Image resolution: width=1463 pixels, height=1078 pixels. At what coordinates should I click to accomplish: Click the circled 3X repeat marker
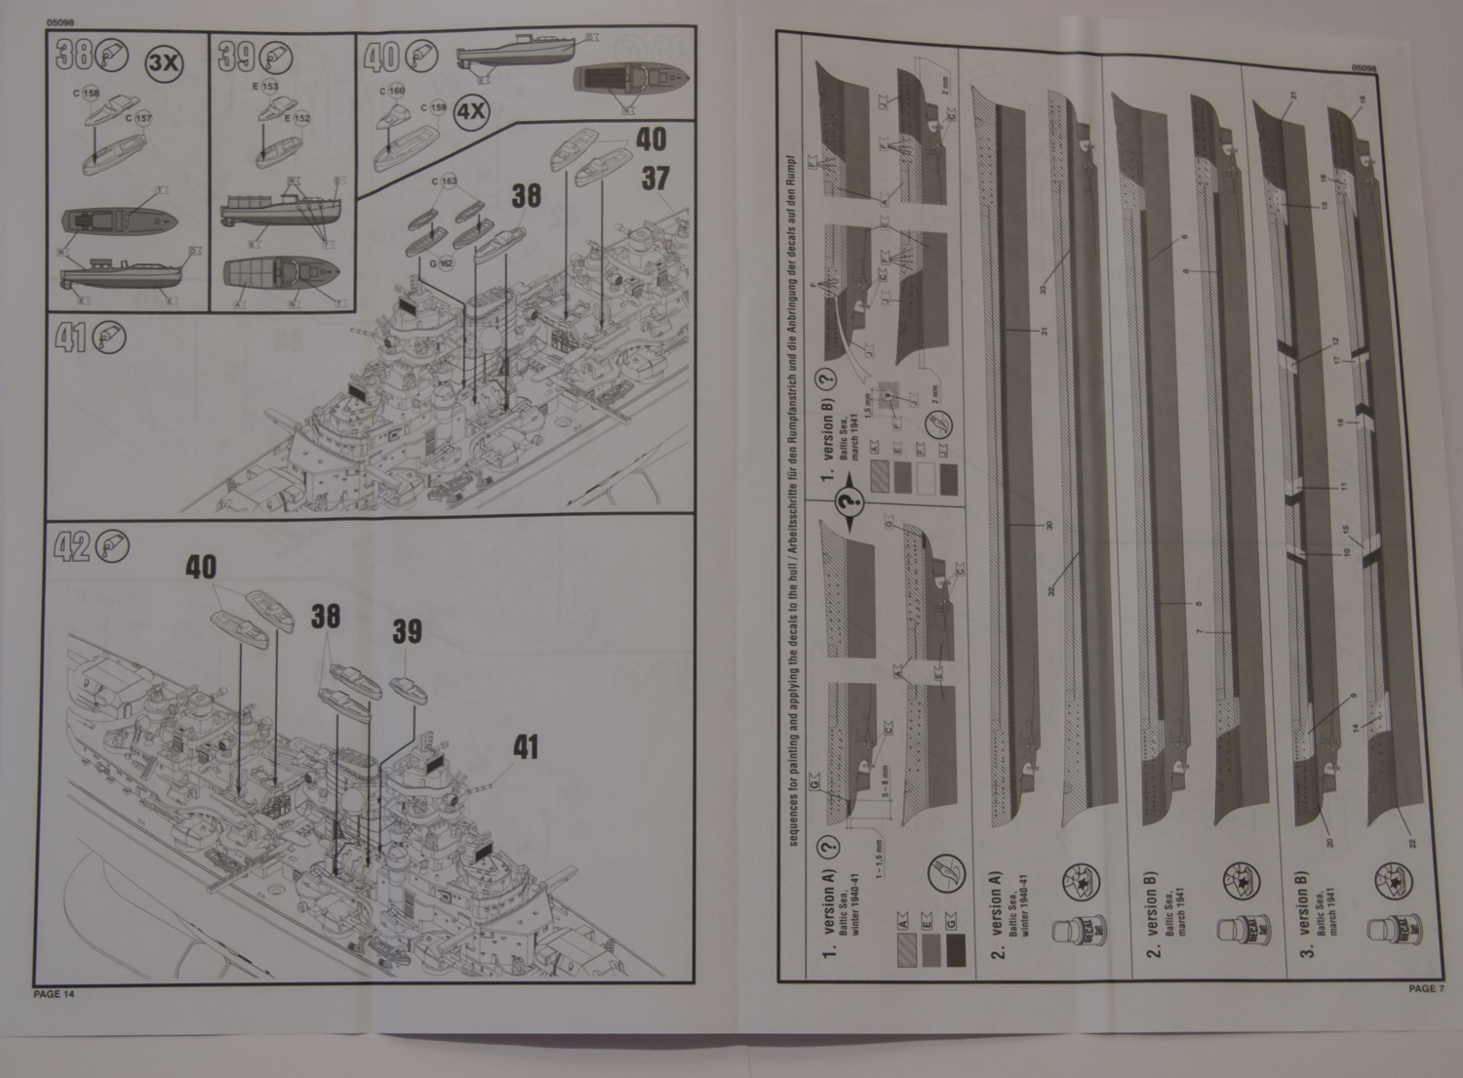(163, 64)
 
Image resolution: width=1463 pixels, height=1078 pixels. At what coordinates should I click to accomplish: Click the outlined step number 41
(70, 339)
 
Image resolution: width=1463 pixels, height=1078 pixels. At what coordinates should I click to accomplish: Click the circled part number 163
(448, 181)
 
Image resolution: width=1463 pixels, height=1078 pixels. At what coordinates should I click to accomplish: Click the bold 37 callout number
(656, 179)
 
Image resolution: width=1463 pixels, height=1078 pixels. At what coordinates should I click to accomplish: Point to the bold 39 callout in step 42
(407, 631)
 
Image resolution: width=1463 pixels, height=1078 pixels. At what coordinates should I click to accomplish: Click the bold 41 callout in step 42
(526, 747)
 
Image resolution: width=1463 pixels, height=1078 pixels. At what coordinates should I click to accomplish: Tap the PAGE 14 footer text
(54, 994)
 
